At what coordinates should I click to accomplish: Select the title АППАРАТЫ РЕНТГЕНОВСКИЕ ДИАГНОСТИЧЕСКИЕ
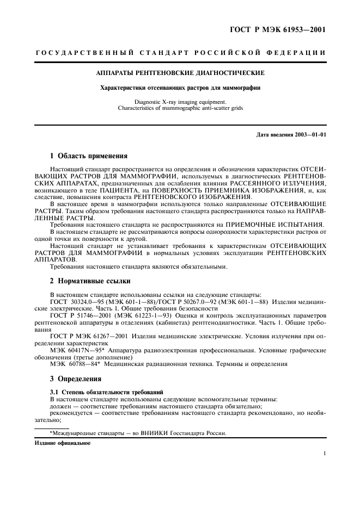coord(180,72)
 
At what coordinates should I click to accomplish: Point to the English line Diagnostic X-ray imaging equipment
coord(180,102)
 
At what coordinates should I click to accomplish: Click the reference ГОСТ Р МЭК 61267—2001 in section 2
coord(87,336)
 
